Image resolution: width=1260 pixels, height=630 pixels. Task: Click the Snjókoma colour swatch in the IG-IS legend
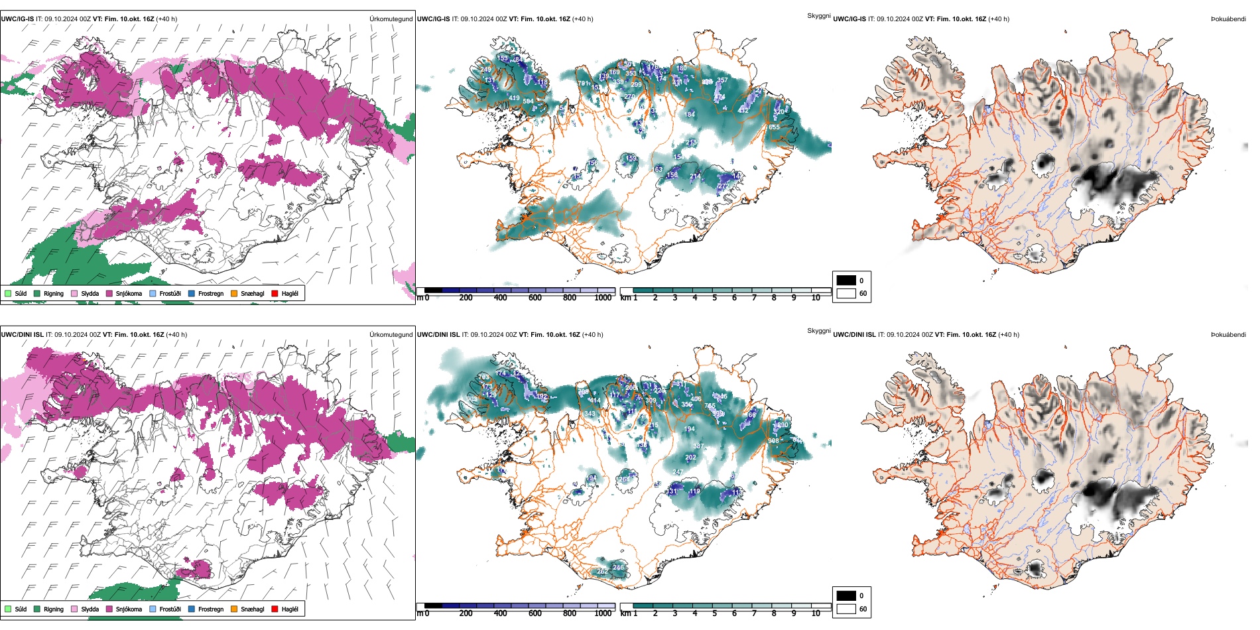[x=109, y=293]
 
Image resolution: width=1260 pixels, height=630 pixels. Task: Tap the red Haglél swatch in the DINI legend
[x=275, y=609]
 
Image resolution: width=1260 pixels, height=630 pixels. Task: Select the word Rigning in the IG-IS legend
[x=54, y=293]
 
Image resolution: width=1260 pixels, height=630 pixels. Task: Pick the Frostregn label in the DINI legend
[x=211, y=609]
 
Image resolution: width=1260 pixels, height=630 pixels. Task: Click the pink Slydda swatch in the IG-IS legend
[x=74, y=293]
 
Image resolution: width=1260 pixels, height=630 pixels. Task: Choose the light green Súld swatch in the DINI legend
[x=8, y=609]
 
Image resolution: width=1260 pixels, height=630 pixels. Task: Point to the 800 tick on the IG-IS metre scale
[x=570, y=298]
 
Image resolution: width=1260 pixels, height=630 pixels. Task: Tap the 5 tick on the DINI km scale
[x=715, y=613]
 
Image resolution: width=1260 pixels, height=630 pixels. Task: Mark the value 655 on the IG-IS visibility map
[x=774, y=127]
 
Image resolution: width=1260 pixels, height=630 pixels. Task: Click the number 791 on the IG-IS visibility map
[x=584, y=84]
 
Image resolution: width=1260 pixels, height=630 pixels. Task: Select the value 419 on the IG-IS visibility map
[x=514, y=97]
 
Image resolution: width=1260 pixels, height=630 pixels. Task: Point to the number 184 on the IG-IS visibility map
[x=690, y=114]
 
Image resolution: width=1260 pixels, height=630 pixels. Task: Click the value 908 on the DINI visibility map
[x=773, y=440]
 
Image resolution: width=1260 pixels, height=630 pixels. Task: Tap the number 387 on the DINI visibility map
[x=698, y=446]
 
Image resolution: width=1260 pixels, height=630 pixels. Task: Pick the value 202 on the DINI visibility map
[x=690, y=457]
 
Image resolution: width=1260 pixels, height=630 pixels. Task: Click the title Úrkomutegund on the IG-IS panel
[x=391, y=19]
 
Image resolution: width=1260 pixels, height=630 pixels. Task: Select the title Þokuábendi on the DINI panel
[x=1228, y=335]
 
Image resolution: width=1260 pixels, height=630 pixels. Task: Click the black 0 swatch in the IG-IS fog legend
[x=846, y=281]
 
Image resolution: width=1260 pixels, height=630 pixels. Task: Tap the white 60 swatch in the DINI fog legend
[x=846, y=609]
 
